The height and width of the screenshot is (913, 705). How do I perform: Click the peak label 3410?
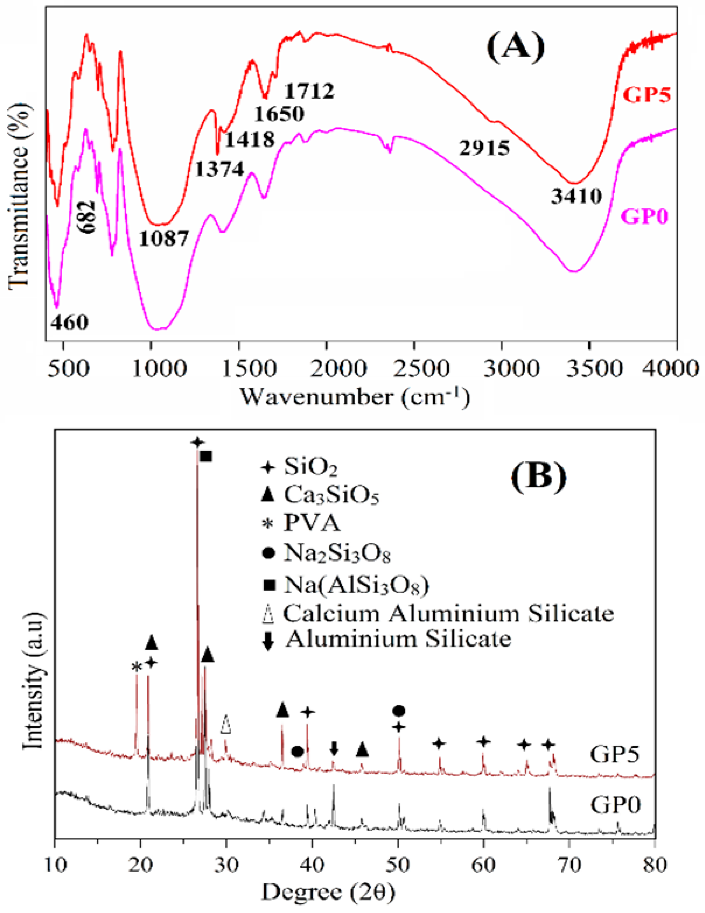[576, 196]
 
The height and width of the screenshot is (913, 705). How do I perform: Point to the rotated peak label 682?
[88, 217]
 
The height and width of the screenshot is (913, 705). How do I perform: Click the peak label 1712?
[310, 91]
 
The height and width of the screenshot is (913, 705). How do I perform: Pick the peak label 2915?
[484, 148]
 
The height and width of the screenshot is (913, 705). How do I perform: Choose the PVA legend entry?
[312, 523]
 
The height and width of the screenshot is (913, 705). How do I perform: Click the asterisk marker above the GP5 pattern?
[136, 668]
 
